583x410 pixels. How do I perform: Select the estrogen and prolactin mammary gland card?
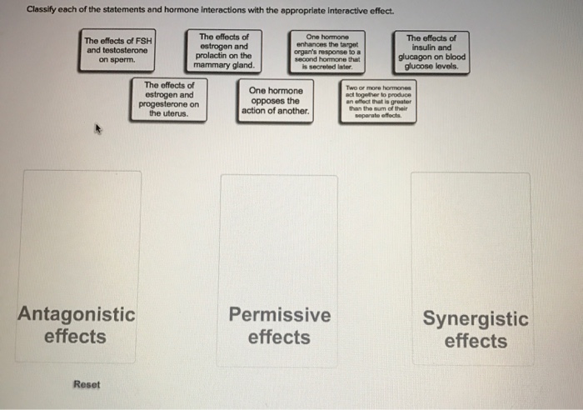point(223,51)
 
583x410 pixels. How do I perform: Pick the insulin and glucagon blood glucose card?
point(431,52)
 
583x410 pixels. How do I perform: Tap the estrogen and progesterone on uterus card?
point(169,99)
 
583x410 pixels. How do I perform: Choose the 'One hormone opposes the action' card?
point(275,100)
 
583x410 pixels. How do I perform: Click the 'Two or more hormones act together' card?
point(374,100)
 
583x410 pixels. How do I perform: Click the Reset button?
point(86,384)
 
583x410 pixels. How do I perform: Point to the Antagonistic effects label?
point(76,325)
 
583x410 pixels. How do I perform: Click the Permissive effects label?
point(279,326)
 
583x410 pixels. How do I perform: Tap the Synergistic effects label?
point(475,330)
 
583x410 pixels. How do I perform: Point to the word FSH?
point(142,40)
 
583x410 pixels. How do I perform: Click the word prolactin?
point(212,56)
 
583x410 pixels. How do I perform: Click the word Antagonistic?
point(76,315)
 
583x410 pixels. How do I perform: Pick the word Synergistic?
point(475,319)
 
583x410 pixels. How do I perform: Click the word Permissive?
point(279,315)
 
